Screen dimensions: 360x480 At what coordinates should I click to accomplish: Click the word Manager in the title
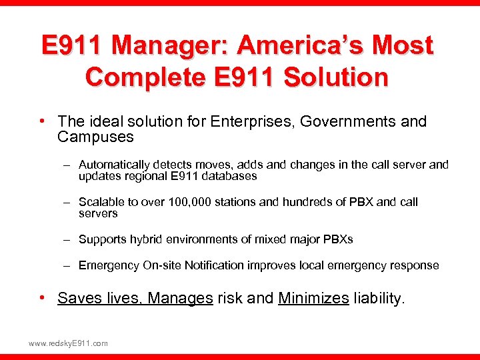(172, 46)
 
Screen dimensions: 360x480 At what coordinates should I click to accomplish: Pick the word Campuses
(95, 137)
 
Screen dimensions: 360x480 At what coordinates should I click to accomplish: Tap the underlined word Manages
(179, 298)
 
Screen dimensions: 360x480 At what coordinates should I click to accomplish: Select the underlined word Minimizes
(313, 298)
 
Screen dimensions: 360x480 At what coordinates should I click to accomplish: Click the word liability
(379, 298)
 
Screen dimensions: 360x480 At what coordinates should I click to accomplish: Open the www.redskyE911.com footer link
(68, 343)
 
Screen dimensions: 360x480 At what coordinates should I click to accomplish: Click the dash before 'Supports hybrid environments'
(68, 239)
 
